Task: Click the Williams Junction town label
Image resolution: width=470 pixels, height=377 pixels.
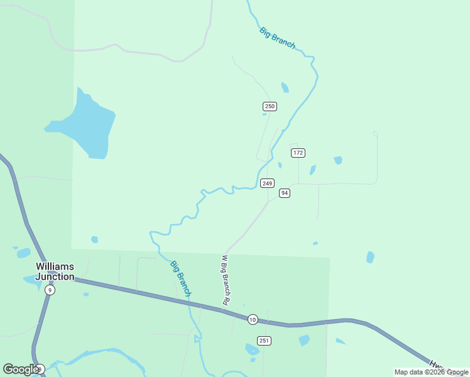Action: pyautogui.click(x=55, y=271)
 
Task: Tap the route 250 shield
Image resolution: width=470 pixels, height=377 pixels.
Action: pyautogui.click(x=270, y=106)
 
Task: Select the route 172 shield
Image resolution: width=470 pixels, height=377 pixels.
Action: pyautogui.click(x=298, y=153)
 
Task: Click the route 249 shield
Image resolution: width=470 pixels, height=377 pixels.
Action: pyautogui.click(x=267, y=183)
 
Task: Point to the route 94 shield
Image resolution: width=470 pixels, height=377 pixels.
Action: pyautogui.click(x=285, y=193)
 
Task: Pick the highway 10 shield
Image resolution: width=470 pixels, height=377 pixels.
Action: pyautogui.click(x=253, y=319)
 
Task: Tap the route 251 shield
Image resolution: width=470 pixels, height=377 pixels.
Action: pyautogui.click(x=265, y=341)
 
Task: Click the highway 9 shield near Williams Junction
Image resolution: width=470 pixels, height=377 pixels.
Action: pyautogui.click(x=50, y=290)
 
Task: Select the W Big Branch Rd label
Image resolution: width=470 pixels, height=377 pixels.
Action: pyautogui.click(x=224, y=280)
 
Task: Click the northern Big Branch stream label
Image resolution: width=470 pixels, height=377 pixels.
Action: pyautogui.click(x=277, y=38)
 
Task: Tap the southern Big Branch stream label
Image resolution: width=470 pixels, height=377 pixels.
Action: pyautogui.click(x=181, y=278)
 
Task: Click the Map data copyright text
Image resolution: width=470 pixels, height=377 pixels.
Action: pyautogui.click(x=431, y=372)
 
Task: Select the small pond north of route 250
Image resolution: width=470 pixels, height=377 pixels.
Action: pyautogui.click(x=285, y=87)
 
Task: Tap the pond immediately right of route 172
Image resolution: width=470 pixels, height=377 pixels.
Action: pyautogui.click(x=312, y=170)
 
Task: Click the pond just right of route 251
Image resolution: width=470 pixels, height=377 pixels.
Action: pyautogui.click(x=304, y=340)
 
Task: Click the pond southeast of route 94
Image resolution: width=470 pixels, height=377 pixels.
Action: pyautogui.click(x=370, y=257)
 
